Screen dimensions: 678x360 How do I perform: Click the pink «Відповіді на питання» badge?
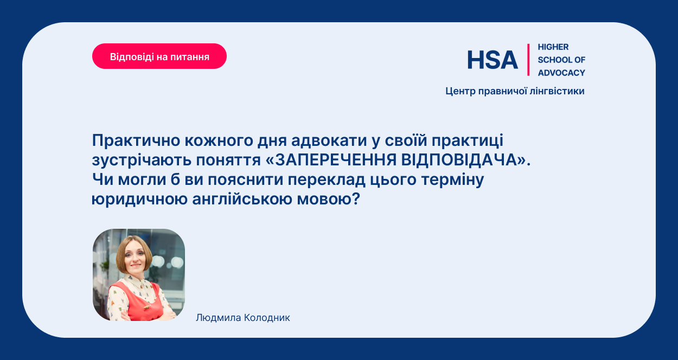[159, 56]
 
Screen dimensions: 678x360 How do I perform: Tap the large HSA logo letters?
[492, 60]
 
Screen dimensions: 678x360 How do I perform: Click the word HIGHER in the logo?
[553, 47]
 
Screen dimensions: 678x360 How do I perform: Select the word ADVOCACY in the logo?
[561, 73]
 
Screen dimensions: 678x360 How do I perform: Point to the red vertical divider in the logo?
[528, 60]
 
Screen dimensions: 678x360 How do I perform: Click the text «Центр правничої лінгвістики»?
[515, 91]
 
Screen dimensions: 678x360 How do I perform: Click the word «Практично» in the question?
[136, 140]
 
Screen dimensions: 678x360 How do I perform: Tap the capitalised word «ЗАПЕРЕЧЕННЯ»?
[335, 160]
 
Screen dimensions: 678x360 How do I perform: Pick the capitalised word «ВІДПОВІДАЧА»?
[459, 160]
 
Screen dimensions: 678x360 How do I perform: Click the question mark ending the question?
[356, 199]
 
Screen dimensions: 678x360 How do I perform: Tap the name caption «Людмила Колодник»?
[243, 318]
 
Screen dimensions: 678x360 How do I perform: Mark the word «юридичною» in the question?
[139, 200]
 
